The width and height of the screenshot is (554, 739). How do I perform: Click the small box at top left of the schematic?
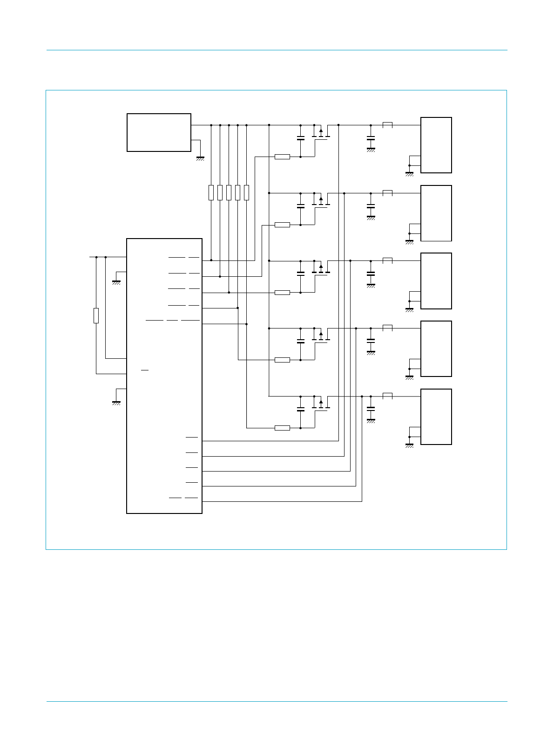click(159, 132)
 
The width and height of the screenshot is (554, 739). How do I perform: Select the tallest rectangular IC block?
click(164, 376)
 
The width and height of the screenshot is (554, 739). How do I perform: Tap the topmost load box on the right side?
click(436, 145)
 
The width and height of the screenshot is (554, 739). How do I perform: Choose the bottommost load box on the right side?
click(436, 417)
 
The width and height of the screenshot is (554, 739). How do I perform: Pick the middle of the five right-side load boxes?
click(436, 281)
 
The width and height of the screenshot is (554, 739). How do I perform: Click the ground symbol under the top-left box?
click(200, 158)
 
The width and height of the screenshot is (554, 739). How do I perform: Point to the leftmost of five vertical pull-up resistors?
click(211, 192)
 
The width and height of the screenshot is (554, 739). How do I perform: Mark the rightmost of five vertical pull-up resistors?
click(246, 192)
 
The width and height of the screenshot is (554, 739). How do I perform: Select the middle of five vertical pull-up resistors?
click(229, 192)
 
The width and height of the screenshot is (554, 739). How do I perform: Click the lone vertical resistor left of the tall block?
click(96, 315)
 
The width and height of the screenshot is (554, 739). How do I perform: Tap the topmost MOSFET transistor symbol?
click(321, 133)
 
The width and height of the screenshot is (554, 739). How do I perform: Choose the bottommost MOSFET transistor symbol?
click(321, 404)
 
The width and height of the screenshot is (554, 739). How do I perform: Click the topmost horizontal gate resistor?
click(282, 157)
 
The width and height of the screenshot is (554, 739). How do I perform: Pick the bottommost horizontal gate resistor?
click(282, 428)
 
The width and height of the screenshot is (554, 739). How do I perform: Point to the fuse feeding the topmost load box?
click(387, 124)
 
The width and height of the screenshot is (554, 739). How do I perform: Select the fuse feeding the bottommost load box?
click(387, 396)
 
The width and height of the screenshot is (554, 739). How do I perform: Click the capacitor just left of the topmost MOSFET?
click(300, 138)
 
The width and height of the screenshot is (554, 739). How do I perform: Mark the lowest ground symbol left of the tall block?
click(116, 403)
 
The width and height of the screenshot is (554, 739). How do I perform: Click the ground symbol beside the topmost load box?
click(409, 174)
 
